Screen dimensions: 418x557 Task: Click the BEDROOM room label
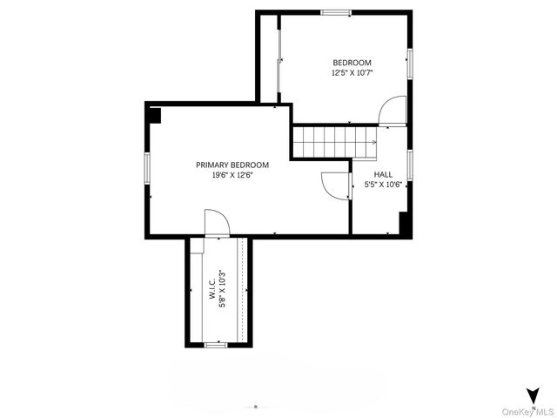pos(352,63)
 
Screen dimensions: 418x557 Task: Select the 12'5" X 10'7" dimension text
pos(352,73)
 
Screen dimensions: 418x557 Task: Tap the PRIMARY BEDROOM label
pos(232,165)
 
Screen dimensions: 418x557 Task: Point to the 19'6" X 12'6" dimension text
pos(232,175)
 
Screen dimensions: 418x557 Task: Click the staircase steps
pos(330,142)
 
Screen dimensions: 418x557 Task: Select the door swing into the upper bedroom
pos(391,111)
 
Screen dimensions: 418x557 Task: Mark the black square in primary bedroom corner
pos(154,115)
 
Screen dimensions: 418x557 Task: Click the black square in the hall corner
pos(404,223)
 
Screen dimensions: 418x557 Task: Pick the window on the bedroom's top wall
pos(336,12)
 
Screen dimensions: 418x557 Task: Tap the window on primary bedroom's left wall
pos(147,167)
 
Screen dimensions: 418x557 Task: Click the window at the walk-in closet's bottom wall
pos(215,345)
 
